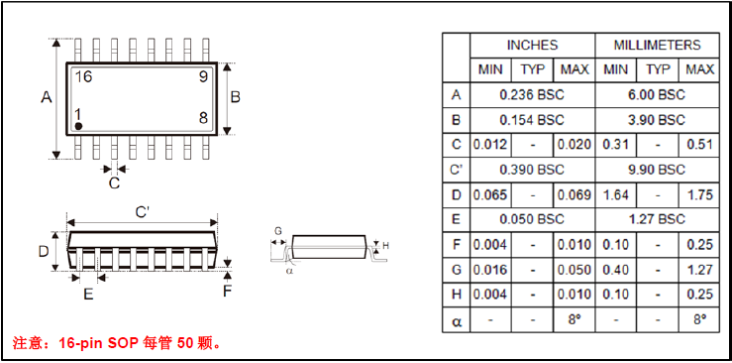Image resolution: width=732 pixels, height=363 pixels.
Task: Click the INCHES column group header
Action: click(532, 45)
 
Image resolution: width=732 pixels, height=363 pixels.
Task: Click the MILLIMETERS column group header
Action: click(657, 45)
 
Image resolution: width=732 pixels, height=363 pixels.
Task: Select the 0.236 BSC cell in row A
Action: click(532, 94)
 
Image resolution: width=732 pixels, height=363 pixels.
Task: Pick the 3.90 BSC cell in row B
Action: click(657, 119)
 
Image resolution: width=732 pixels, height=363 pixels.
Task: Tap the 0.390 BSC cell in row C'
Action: click(532, 170)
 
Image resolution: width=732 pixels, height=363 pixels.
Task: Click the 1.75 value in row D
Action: click(699, 194)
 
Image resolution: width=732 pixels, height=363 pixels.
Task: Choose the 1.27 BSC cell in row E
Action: click(657, 219)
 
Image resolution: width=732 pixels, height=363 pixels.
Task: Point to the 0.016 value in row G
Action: click(489, 270)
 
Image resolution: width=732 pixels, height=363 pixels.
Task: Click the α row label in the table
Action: click(456, 320)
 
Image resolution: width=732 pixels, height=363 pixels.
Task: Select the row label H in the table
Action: click(456, 295)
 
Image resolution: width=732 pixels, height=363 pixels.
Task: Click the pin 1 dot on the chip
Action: click(78, 127)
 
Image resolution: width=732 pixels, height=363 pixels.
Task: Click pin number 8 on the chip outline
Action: click(202, 118)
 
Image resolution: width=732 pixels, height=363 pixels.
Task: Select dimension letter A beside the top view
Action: click(46, 97)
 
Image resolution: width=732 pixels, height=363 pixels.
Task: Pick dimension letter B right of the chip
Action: click(236, 97)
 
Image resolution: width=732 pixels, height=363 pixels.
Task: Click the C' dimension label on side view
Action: click(143, 212)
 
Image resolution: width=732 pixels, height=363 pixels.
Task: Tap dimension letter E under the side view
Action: click(88, 294)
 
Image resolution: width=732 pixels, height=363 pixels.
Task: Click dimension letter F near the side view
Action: click(227, 291)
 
